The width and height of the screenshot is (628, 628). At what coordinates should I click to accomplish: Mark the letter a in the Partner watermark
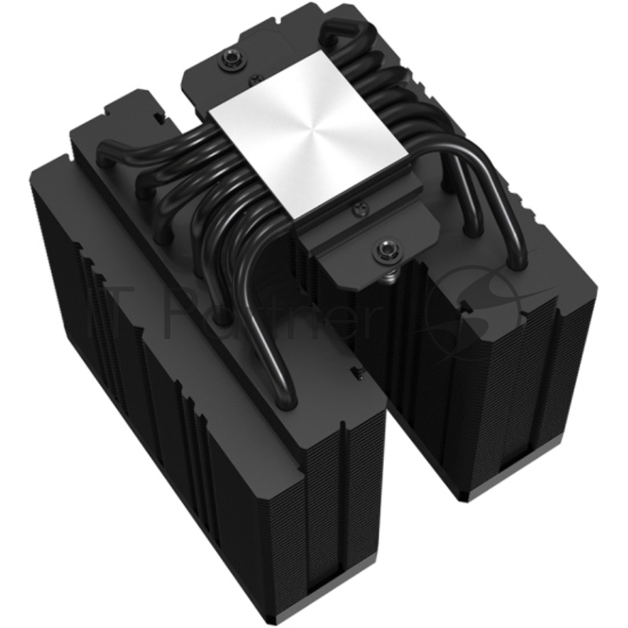point(228,314)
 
